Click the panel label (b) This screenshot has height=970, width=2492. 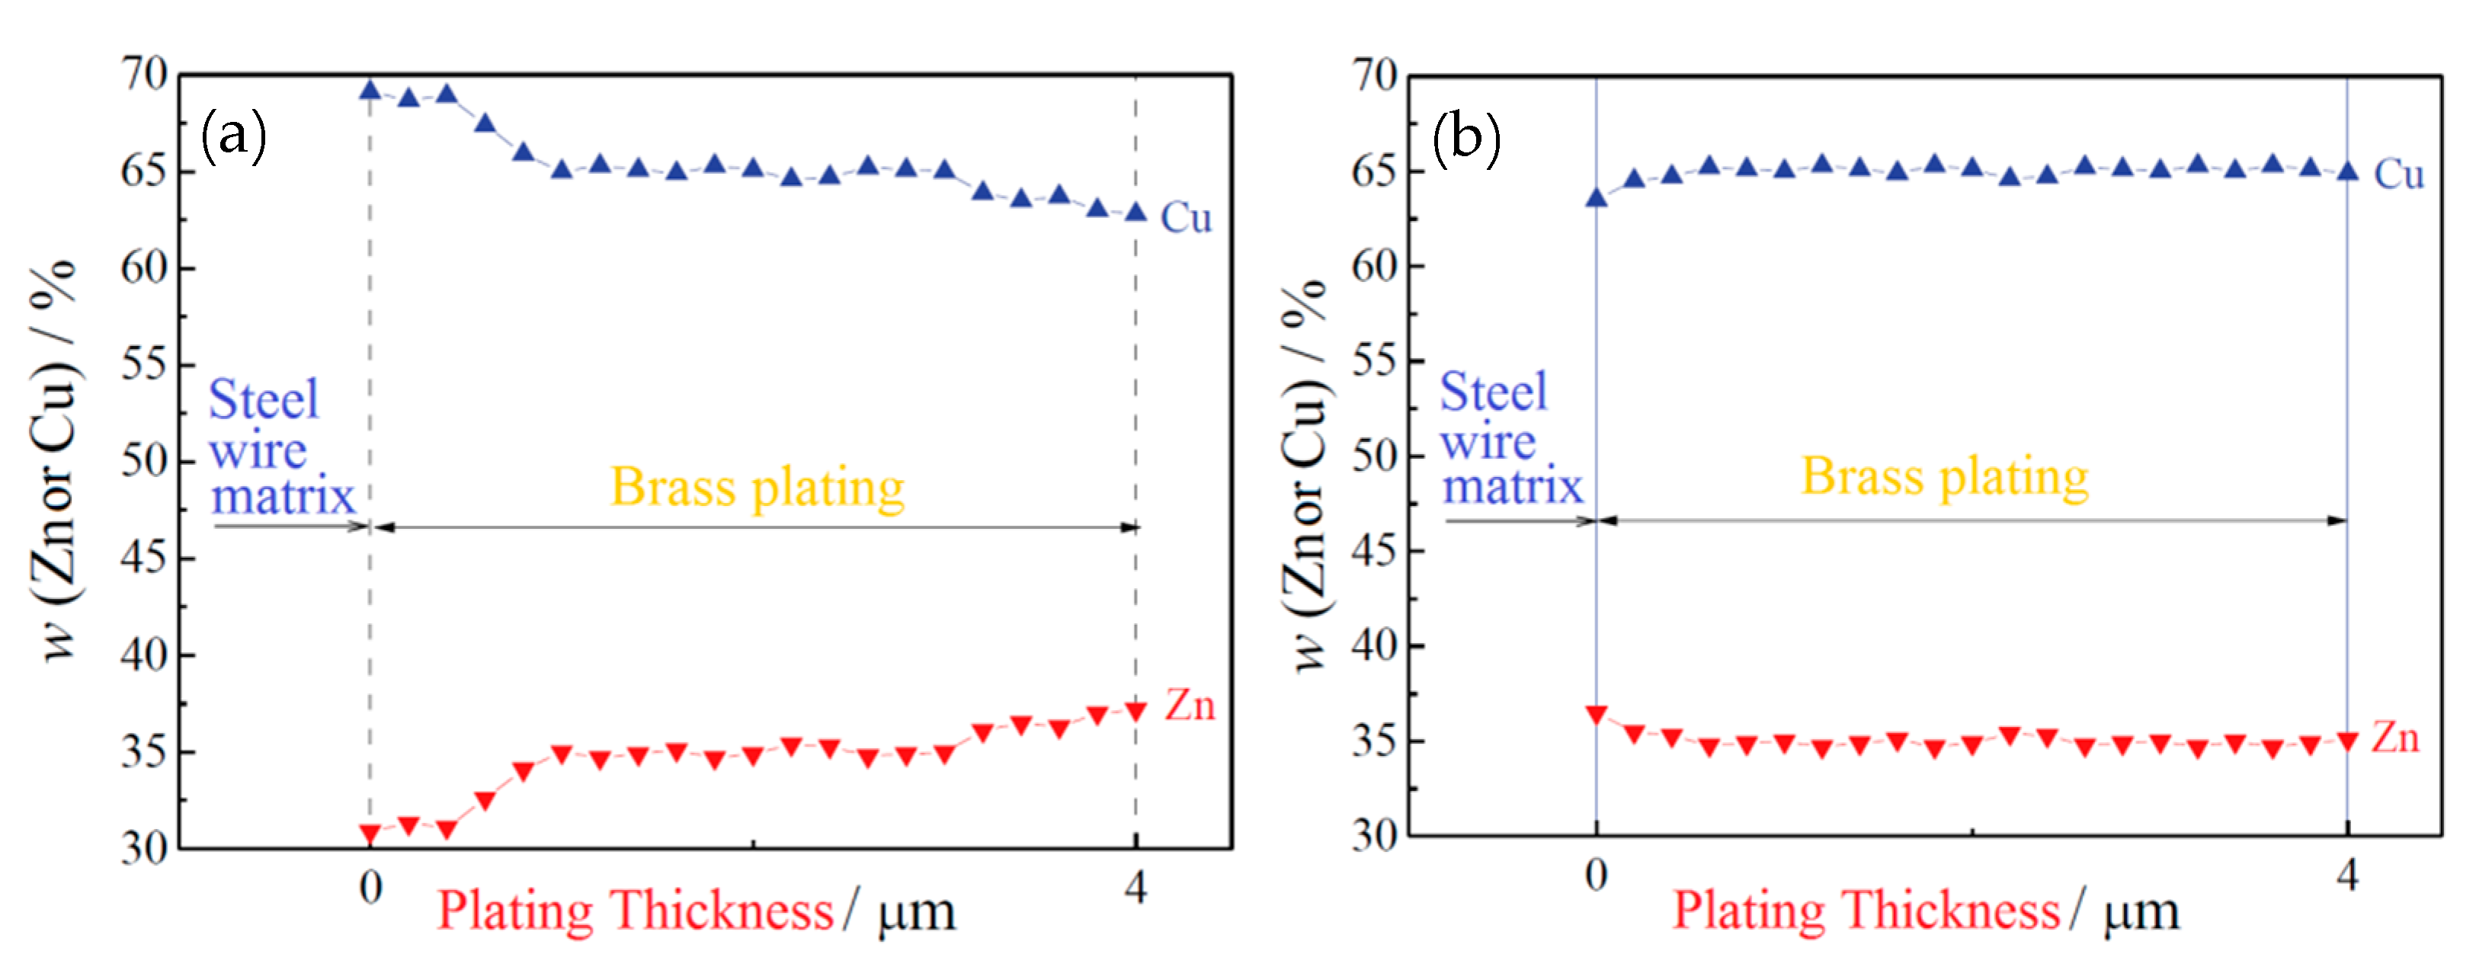coord(1465,137)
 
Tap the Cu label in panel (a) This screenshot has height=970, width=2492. coord(1185,219)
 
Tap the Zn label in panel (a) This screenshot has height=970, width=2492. coord(1189,706)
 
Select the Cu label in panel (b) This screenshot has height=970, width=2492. coord(2398,175)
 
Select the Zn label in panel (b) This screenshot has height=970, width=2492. coord(2394,739)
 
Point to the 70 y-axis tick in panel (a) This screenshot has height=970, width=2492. coord(144,75)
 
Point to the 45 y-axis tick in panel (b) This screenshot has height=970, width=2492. coord(1375,551)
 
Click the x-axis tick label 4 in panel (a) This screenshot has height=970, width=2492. coord(1135,887)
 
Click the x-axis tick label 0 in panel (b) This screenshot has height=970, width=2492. coord(1597,876)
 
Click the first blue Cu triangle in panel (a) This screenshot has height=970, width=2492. coord(370,90)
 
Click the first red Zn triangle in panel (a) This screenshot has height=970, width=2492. coord(370,833)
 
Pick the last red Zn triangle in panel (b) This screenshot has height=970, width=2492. coord(2347,741)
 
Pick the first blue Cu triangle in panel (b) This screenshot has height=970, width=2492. coord(1597,198)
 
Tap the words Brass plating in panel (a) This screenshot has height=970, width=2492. coord(758,486)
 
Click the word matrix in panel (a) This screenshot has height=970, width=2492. coord(283,497)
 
